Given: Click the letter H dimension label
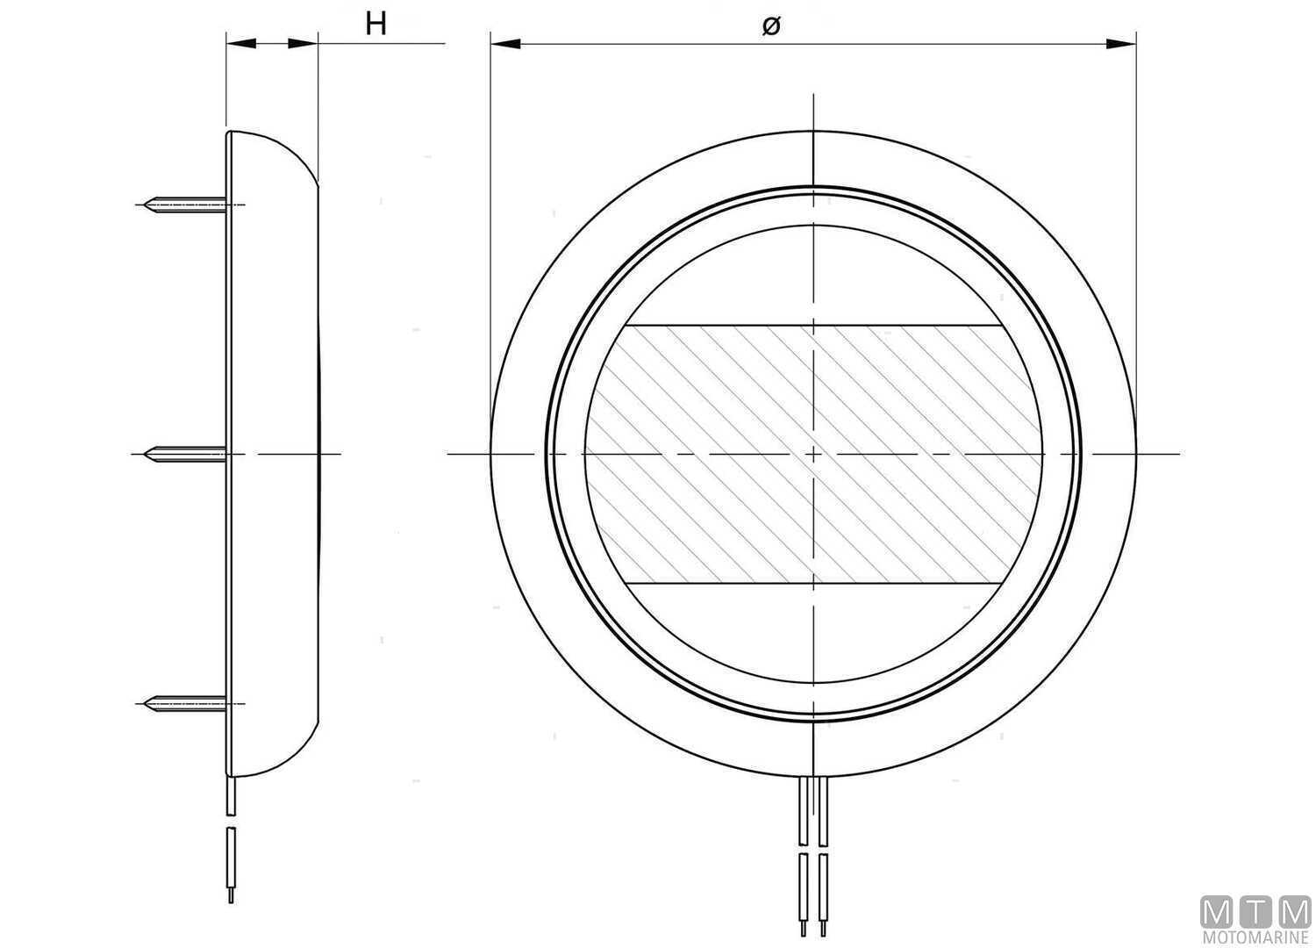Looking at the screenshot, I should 375,24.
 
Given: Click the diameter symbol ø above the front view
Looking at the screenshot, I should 770,26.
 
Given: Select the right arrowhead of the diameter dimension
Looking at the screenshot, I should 1120,42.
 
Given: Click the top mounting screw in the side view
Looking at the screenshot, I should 188,205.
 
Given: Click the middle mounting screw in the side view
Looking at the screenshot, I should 188,454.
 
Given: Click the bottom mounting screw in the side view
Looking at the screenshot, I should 188,702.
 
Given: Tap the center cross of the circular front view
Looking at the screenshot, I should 814,454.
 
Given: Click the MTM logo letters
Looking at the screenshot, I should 1255,913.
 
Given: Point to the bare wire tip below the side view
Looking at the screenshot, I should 231,895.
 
